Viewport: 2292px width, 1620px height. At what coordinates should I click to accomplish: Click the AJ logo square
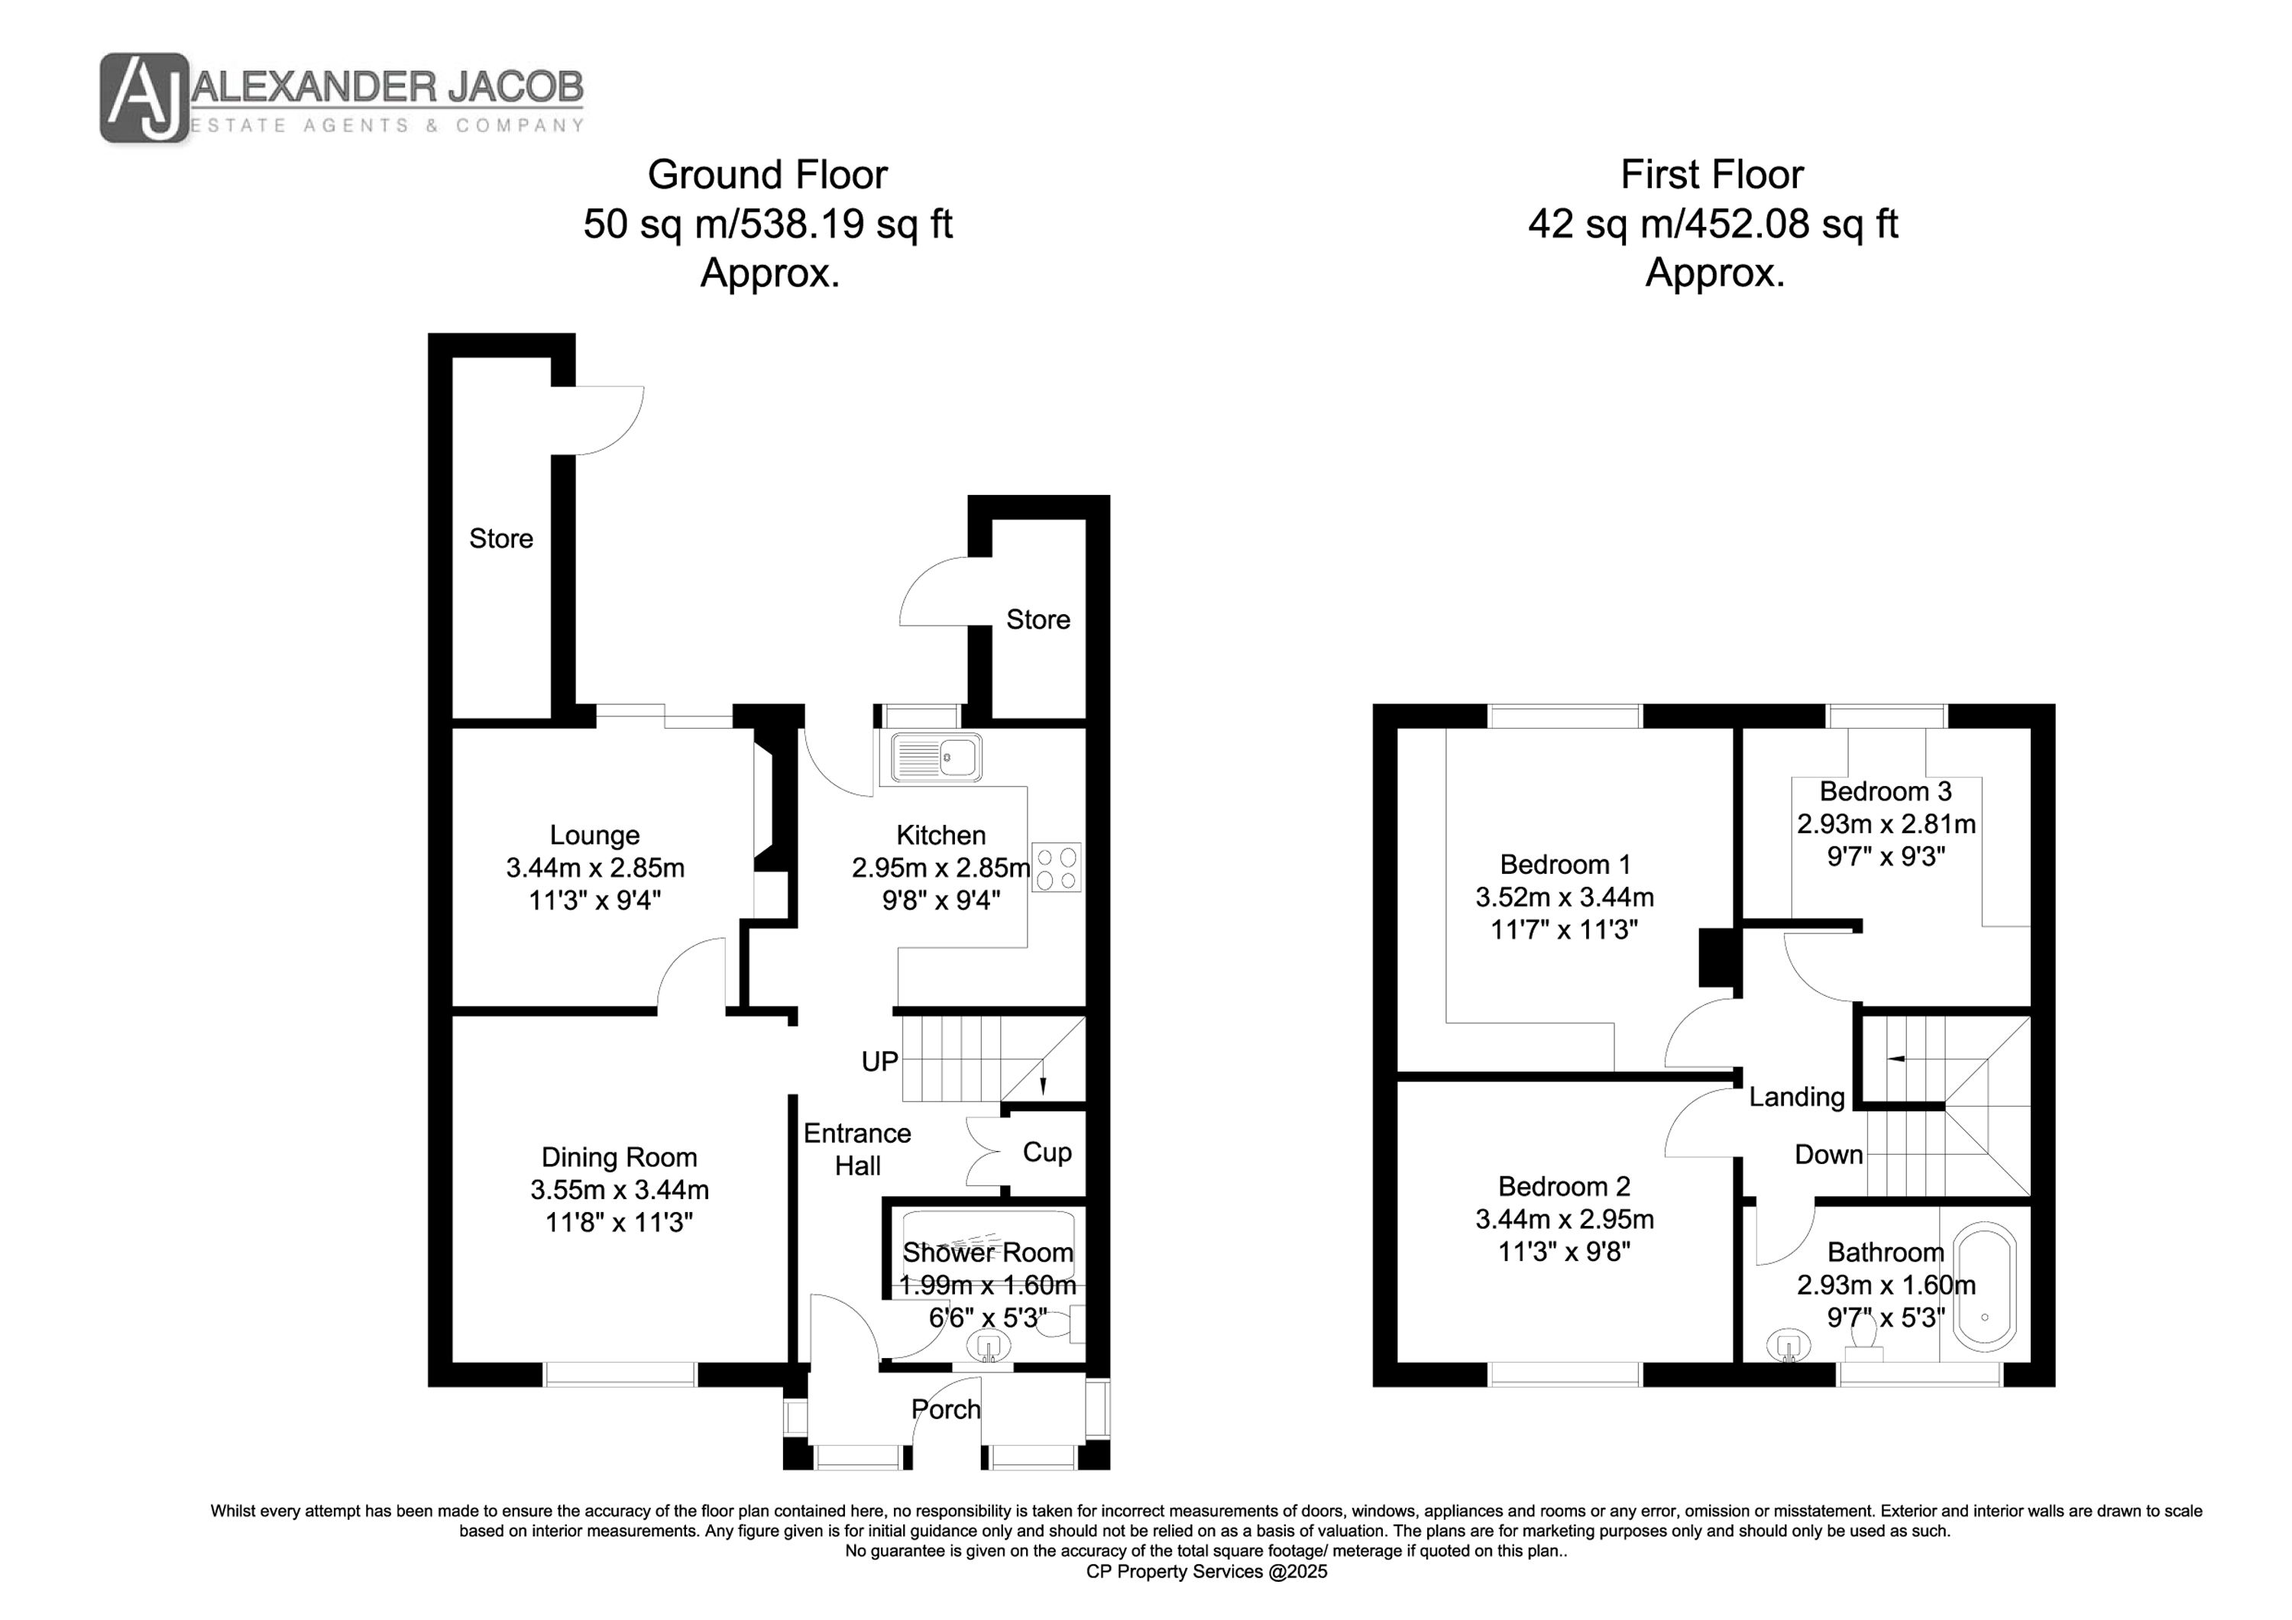[x=144, y=98]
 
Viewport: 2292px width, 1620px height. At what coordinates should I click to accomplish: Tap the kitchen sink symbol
[x=937, y=758]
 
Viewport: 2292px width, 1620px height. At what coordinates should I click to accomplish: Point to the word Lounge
[x=595, y=836]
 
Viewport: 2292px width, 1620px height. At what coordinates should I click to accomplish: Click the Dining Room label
[x=619, y=1158]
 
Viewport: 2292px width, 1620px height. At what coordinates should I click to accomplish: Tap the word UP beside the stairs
[x=879, y=1062]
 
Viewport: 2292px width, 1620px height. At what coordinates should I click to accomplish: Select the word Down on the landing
[x=1829, y=1155]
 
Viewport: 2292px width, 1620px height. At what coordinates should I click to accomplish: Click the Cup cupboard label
[x=1047, y=1153]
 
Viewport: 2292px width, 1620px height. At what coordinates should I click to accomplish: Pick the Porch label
[x=945, y=1409]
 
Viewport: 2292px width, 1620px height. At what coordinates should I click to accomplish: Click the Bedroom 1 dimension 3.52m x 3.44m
[x=1564, y=897]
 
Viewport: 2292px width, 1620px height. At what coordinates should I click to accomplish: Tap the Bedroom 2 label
[x=1564, y=1187]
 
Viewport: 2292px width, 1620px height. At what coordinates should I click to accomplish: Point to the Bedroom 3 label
[x=1885, y=791]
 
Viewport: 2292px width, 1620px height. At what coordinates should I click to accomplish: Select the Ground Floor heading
[x=768, y=175]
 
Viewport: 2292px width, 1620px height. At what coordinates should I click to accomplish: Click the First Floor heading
[x=1712, y=175]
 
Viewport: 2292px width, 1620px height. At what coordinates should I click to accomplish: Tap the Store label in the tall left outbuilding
[x=501, y=539]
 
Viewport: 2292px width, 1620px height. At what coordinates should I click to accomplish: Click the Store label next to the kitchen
[x=1038, y=620]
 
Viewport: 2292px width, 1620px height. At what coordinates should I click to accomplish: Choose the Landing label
[x=1797, y=1097]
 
